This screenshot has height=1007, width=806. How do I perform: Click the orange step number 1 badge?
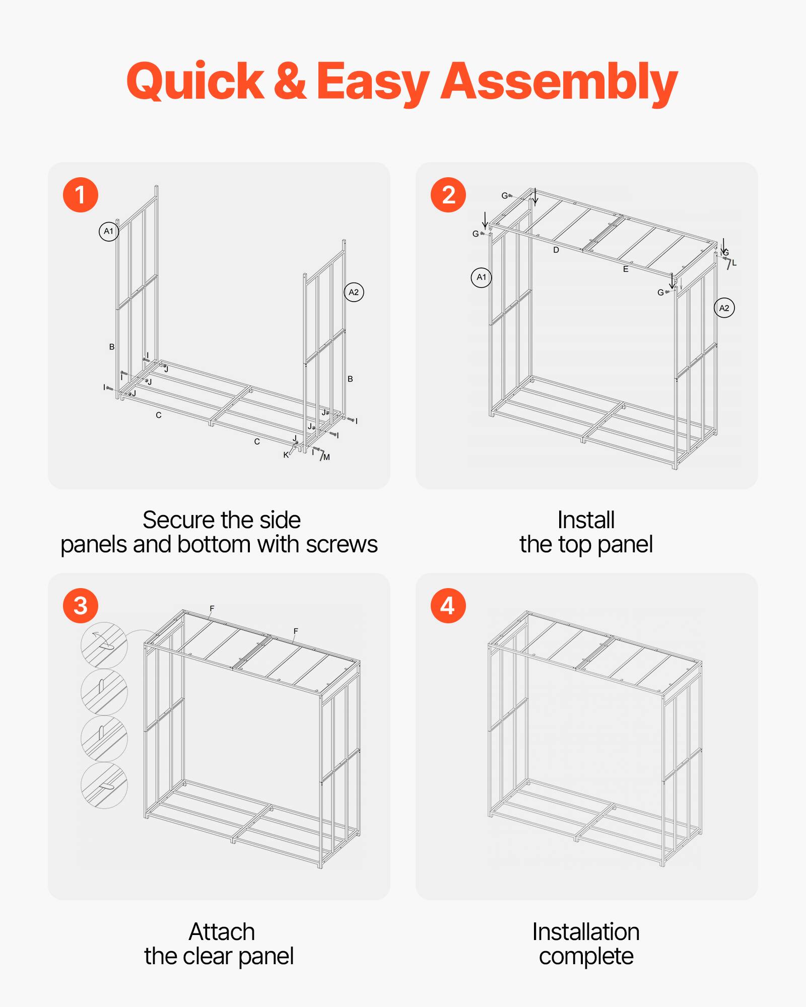(80, 195)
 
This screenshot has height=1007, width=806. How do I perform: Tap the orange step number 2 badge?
(448, 195)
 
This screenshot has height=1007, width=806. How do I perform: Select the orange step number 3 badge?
(80, 606)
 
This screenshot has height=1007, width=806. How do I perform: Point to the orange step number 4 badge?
(448, 606)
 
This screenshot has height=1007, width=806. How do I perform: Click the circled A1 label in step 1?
(108, 232)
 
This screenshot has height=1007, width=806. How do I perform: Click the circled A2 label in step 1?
(354, 293)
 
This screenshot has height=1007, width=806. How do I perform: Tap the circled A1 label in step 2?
(481, 277)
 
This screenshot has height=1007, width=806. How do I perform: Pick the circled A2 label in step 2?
(724, 308)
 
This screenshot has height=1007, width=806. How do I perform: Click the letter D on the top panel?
(556, 250)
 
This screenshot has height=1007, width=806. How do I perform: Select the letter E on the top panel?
(626, 269)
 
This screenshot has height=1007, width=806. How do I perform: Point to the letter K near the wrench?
(286, 455)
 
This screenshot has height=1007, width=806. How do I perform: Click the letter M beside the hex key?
(327, 457)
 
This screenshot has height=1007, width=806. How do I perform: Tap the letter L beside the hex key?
(734, 263)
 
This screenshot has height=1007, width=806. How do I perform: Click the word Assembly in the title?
(559, 82)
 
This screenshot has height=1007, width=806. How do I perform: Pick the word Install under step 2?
(586, 520)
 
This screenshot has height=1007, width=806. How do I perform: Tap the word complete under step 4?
(586, 956)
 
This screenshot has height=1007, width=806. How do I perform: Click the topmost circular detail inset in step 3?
(104, 645)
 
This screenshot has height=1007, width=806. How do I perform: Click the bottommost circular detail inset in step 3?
(104, 785)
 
